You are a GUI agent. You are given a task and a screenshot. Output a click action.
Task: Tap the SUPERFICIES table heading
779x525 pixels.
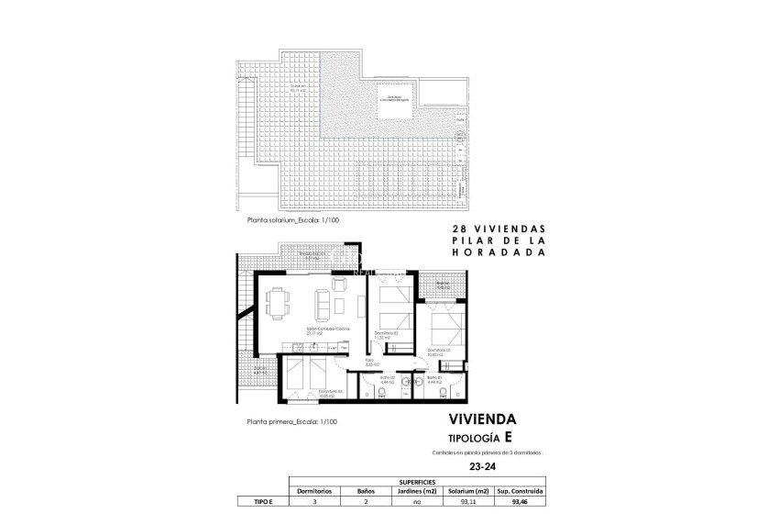tap(417, 482)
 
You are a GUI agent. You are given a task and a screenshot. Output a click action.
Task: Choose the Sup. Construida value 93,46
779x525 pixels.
tap(521, 501)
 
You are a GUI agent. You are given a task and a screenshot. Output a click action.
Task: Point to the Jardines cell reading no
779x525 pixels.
tap(418, 501)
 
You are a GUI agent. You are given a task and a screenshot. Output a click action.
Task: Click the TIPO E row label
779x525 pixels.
tap(263, 501)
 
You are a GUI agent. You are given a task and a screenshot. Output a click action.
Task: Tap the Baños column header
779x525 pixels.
tap(366, 491)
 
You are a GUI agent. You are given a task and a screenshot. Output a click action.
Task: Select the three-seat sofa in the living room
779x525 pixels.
tap(323, 302)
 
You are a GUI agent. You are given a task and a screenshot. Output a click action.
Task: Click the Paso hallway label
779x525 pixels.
tap(370, 361)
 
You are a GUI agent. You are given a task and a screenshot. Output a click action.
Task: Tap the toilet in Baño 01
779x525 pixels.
tap(443, 393)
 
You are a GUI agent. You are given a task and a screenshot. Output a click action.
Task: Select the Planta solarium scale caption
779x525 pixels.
tap(292, 220)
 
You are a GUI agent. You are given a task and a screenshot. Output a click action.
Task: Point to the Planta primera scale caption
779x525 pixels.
tap(292, 421)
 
